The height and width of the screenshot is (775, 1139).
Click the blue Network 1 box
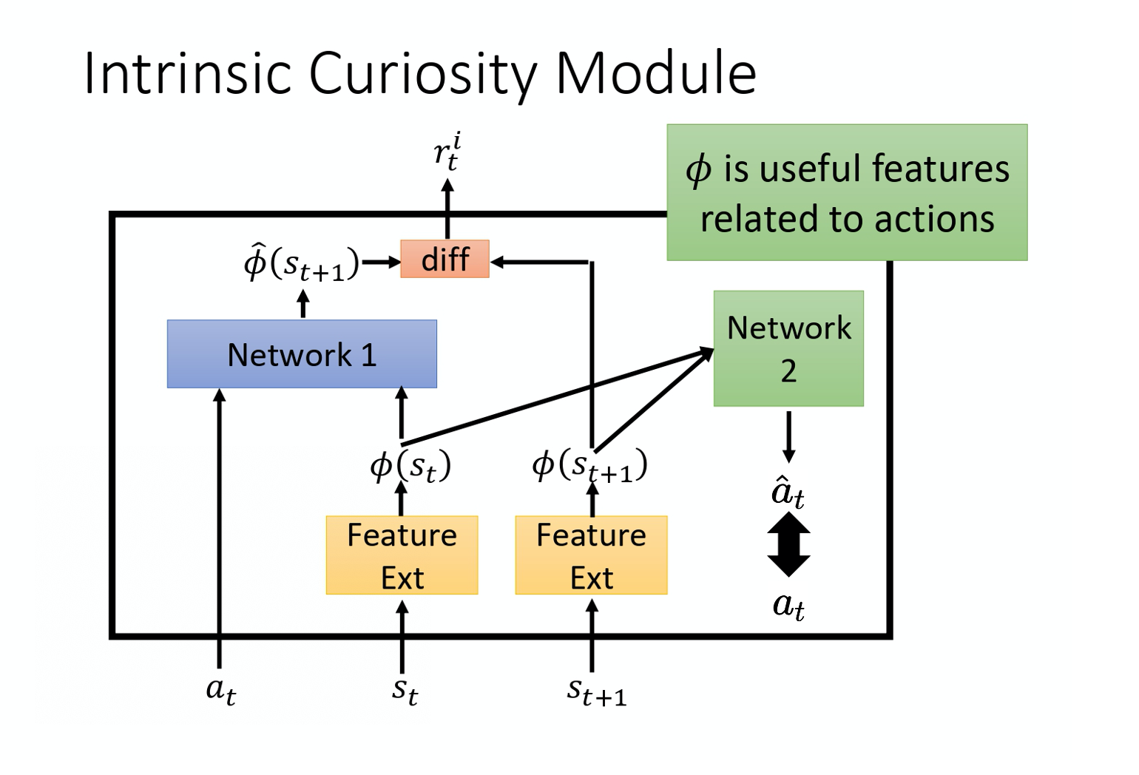[302, 354]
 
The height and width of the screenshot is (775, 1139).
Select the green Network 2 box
[788, 348]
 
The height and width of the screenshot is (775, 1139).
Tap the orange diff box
[445, 260]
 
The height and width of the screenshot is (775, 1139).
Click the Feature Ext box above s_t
[402, 555]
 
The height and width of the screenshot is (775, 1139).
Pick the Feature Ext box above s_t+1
[591, 555]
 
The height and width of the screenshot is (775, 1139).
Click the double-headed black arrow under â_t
[788, 544]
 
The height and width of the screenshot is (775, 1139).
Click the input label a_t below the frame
[220, 690]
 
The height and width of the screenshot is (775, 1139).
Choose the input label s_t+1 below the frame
[596, 691]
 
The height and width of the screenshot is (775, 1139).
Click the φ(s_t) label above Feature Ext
[410, 466]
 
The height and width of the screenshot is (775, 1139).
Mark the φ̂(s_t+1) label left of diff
[301, 263]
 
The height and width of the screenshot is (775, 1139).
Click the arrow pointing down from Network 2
[788, 436]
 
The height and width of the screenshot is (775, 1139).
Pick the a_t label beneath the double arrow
[788, 606]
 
